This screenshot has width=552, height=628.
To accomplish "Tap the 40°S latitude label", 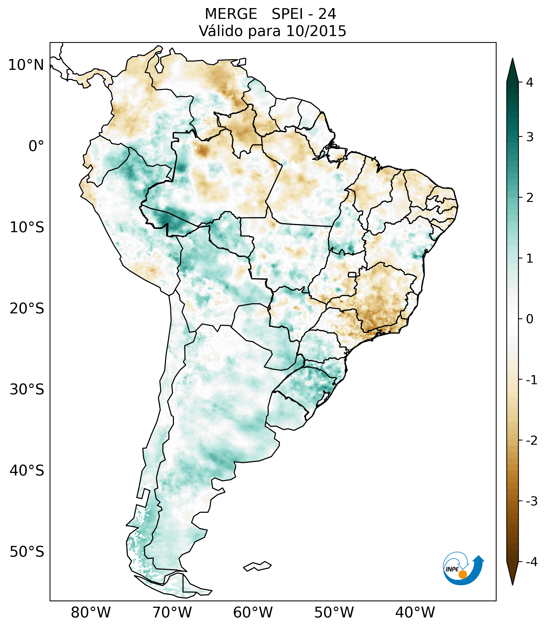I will [x=27, y=470].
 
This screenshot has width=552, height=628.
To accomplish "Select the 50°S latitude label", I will [x=27, y=552].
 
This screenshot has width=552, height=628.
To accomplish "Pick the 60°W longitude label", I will [x=253, y=612].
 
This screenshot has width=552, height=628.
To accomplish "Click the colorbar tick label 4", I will [x=530, y=82].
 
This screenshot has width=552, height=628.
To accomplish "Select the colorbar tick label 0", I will [x=530, y=319].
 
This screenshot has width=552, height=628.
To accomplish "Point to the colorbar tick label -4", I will [x=531, y=562].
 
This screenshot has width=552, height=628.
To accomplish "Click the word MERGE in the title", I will [x=231, y=14].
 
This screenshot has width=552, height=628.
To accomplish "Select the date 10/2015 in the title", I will [x=316, y=31].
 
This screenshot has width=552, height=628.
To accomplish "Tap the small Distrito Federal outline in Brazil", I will [x=352, y=274].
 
